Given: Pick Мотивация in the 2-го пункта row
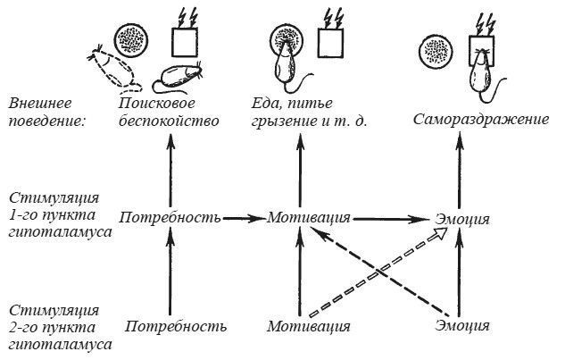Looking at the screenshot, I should (306, 325).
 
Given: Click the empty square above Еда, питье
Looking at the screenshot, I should (331, 41).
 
